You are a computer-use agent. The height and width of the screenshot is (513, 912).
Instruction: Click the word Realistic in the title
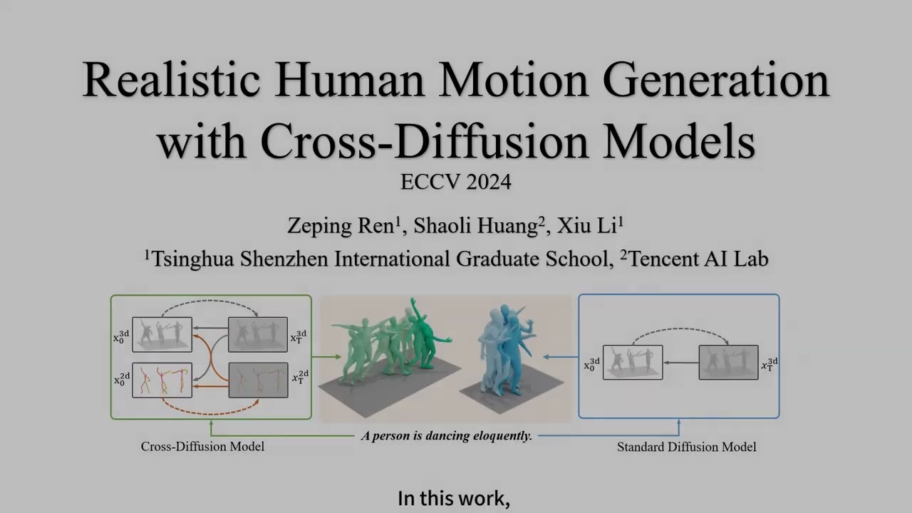171,81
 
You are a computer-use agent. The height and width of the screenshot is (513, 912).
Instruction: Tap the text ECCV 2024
455,182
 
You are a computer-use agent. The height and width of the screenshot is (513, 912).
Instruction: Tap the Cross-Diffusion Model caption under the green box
202,447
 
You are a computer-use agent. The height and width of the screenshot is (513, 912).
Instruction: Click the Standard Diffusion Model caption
686,447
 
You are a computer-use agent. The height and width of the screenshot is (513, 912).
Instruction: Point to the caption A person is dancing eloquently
447,435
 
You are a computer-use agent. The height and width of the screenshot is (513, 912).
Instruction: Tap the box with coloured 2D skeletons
162,380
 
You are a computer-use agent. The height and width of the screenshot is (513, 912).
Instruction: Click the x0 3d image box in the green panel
162,334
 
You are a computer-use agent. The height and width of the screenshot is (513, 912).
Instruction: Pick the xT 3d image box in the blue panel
728,362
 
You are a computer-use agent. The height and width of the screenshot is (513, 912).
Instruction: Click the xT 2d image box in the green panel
258,380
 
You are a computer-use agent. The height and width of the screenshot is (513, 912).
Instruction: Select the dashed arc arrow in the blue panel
680,331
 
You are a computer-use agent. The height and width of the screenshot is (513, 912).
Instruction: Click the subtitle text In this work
454,498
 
